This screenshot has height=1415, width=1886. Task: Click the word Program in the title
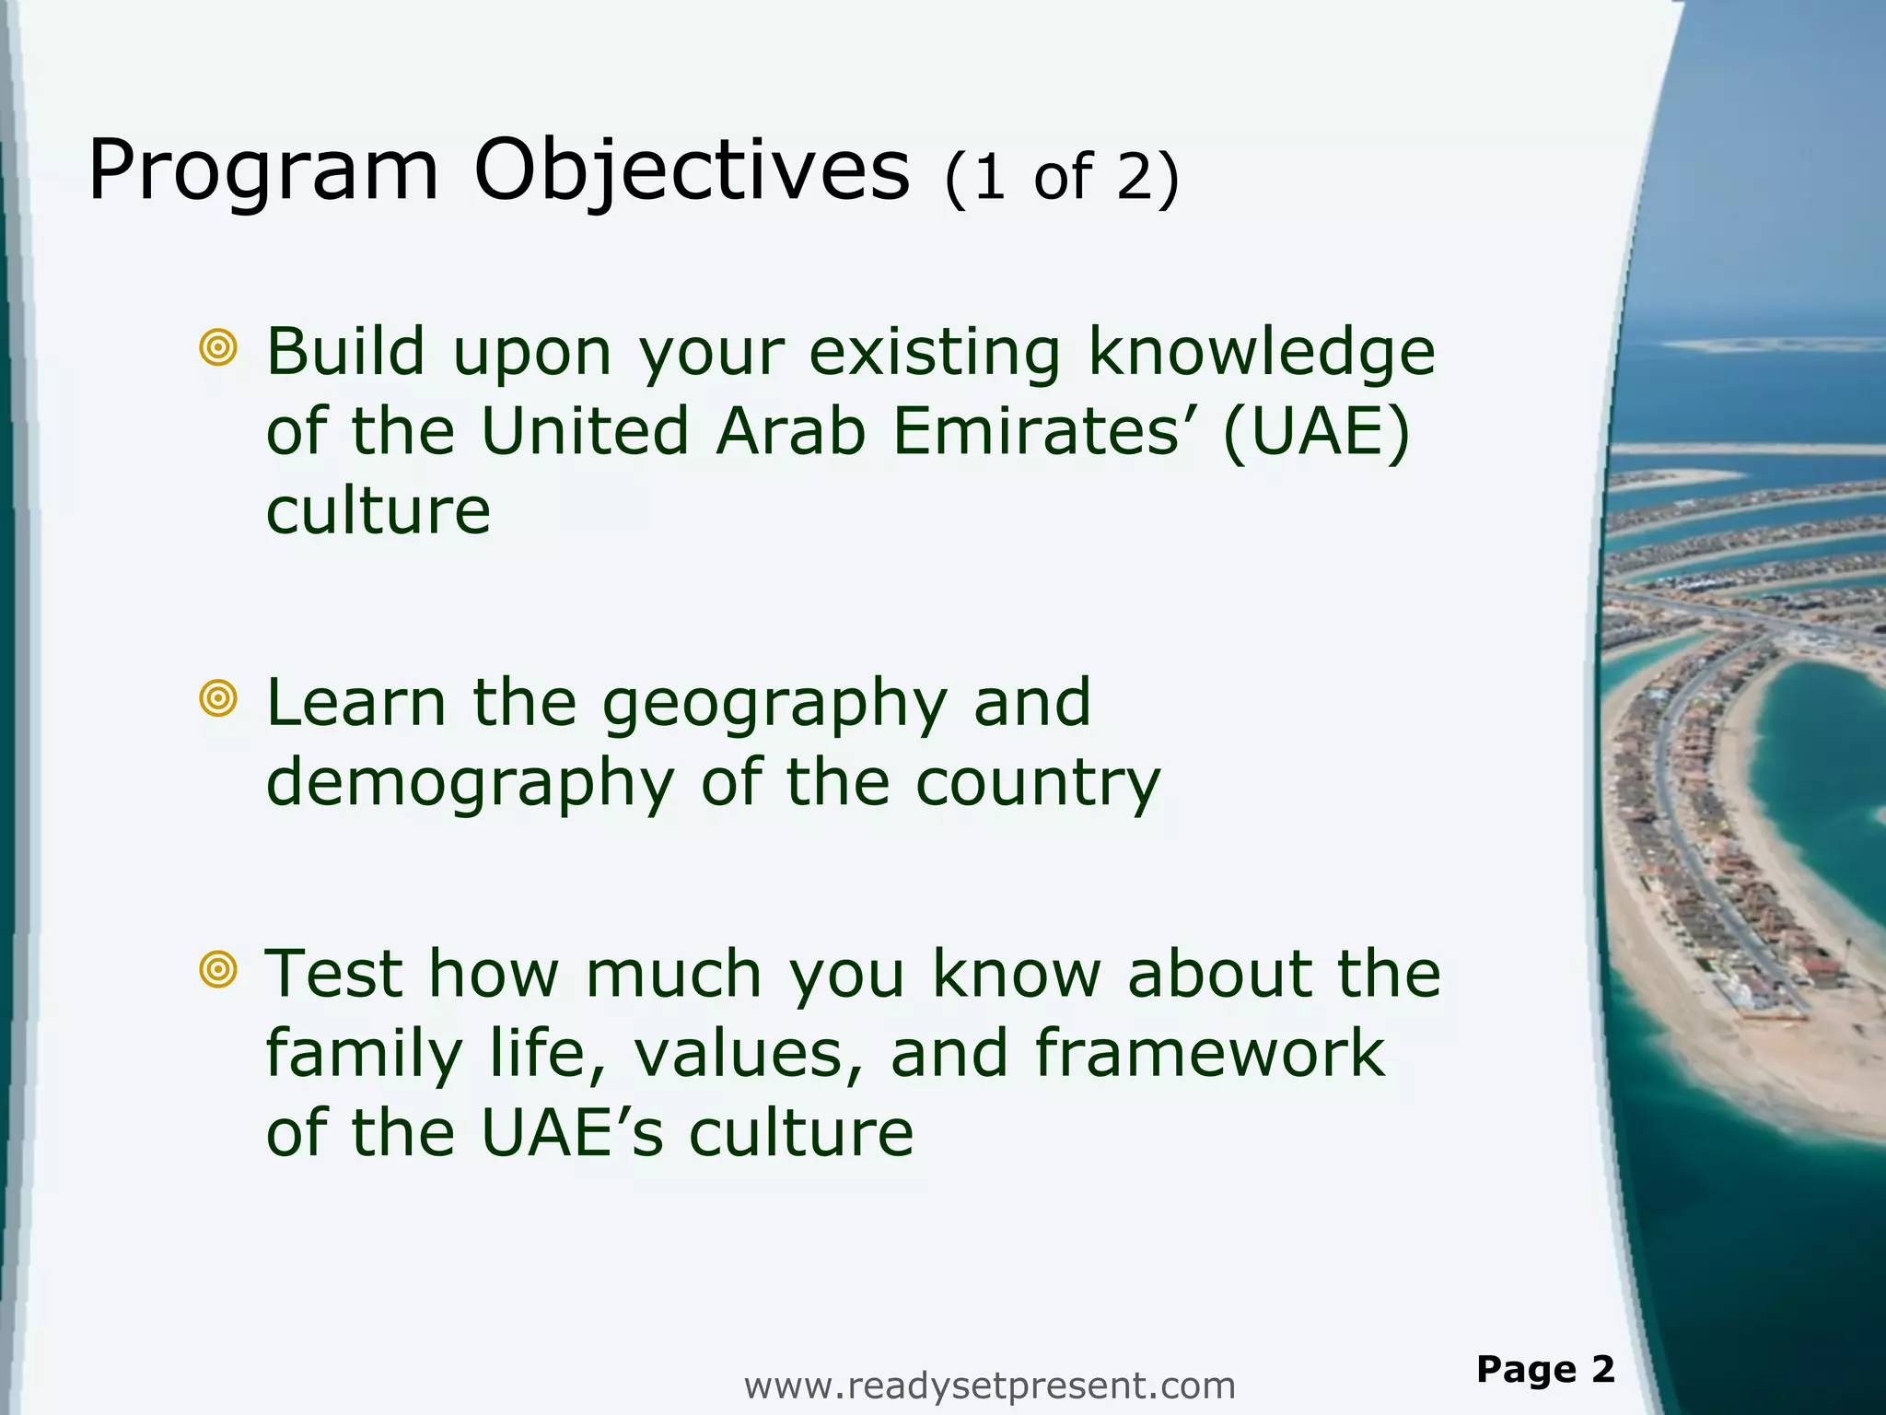[x=263, y=172]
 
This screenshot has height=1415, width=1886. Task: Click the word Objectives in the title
[x=691, y=172]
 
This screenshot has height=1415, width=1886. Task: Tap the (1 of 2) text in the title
[x=1061, y=177]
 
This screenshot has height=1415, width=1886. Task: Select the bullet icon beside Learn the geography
[x=218, y=699]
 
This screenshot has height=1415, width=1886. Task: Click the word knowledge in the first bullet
[x=1261, y=354]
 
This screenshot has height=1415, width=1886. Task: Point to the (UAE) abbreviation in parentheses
[x=1316, y=432]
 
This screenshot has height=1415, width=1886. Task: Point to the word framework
[x=1209, y=1054]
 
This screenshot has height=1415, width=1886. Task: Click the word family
[x=363, y=1054]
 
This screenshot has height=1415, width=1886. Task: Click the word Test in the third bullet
[x=333, y=975]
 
